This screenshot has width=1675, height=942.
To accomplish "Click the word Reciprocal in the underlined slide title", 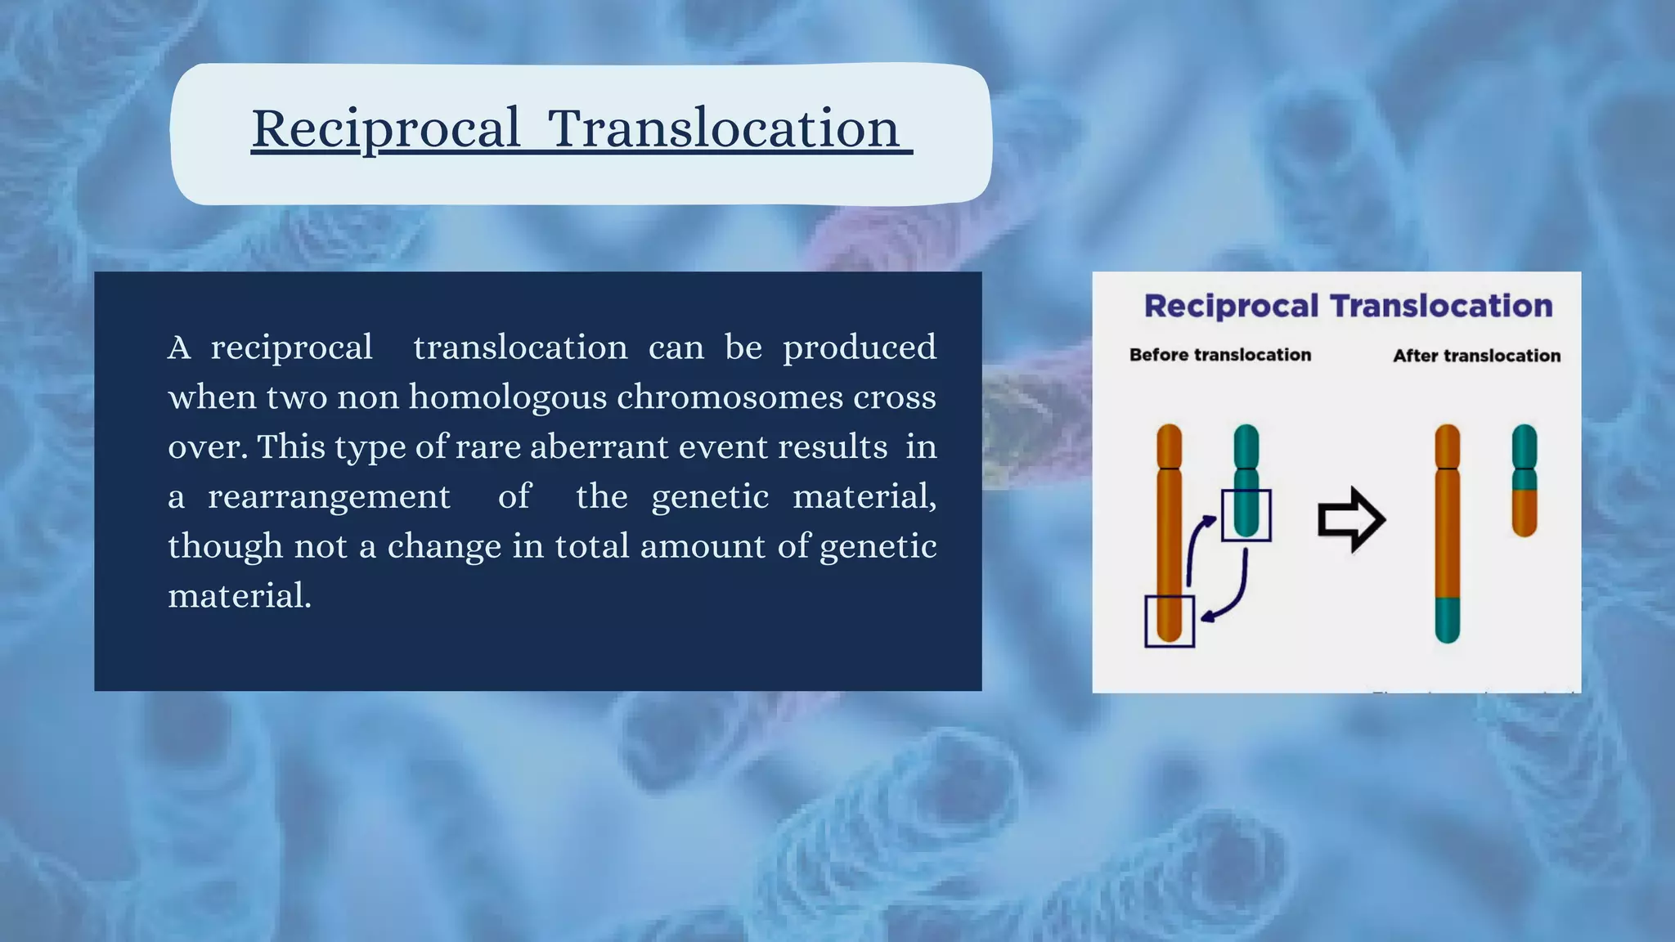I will pyautogui.click(x=385, y=128).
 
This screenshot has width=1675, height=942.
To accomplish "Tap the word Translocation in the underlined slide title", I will pyautogui.click(x=724, y=128).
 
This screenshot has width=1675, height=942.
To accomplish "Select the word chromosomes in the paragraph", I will pyautogui.click(x=730, y=397).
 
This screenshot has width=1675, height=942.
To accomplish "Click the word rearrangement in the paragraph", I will pyautogui.click(x=329, y=497).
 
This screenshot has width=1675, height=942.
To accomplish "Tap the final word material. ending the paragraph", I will pyautogui.click(x=240, y=596).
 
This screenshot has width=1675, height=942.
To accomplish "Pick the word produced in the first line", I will pyautogui.click(x=859, y=348).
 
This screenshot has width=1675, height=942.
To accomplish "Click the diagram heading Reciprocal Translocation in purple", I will pyautogui.click(x=1348, y=306).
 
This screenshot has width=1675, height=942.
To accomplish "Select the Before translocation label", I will pyautogui.click(x=1219, y=355).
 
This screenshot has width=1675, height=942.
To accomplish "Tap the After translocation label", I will pyautogui.click(x=1476, y=356).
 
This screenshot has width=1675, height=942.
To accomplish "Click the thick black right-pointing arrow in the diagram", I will pyautogui.click(x=1350, y=519).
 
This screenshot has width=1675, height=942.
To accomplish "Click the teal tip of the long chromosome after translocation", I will pyautogui.click(x=1447, y=620).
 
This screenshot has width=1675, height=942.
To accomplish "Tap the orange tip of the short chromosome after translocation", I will pyautogui.click(x=1524, y=513).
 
